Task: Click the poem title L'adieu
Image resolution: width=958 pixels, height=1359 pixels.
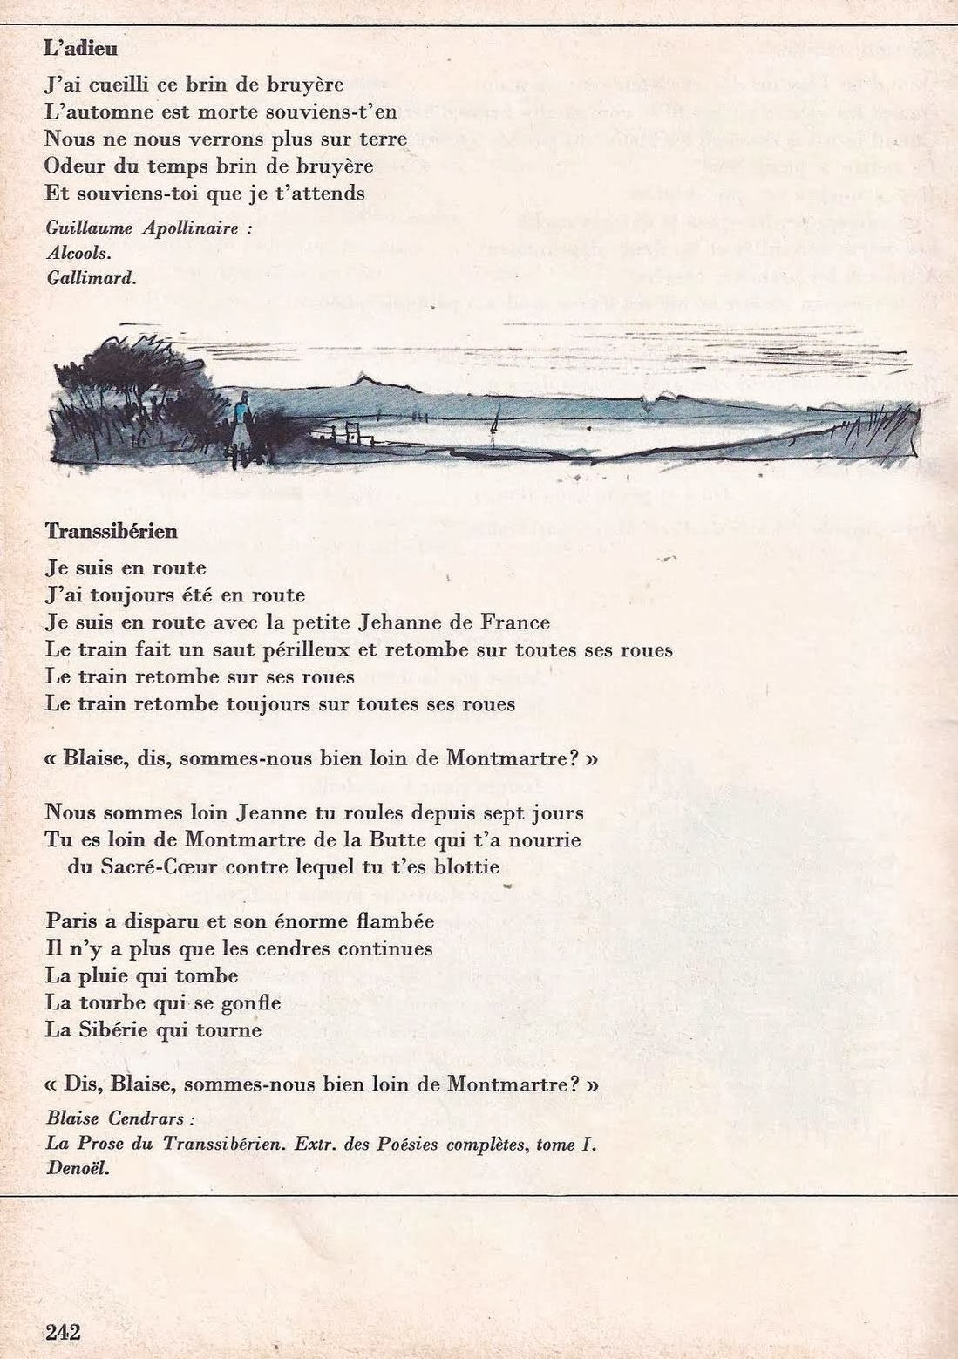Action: (x=80, y=49)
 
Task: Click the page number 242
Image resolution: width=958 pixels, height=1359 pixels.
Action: (x=63, y=1332)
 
